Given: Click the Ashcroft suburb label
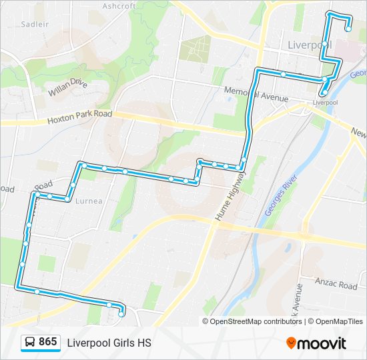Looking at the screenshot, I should (x=119, y=6).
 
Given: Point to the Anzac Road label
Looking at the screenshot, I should (x=338, y=285).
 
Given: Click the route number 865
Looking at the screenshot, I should (x=47, y=342).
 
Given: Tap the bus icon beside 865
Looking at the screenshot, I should (x=30, y=343).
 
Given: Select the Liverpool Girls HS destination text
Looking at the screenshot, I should (x=109, y=343).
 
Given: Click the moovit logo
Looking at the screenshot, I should (x=316, y=343).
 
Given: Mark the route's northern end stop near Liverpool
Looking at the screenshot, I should (x=348, y=29).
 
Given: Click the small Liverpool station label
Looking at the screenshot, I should (x=326, y=103).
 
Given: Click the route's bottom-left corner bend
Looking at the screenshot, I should (x=17, y=287).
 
